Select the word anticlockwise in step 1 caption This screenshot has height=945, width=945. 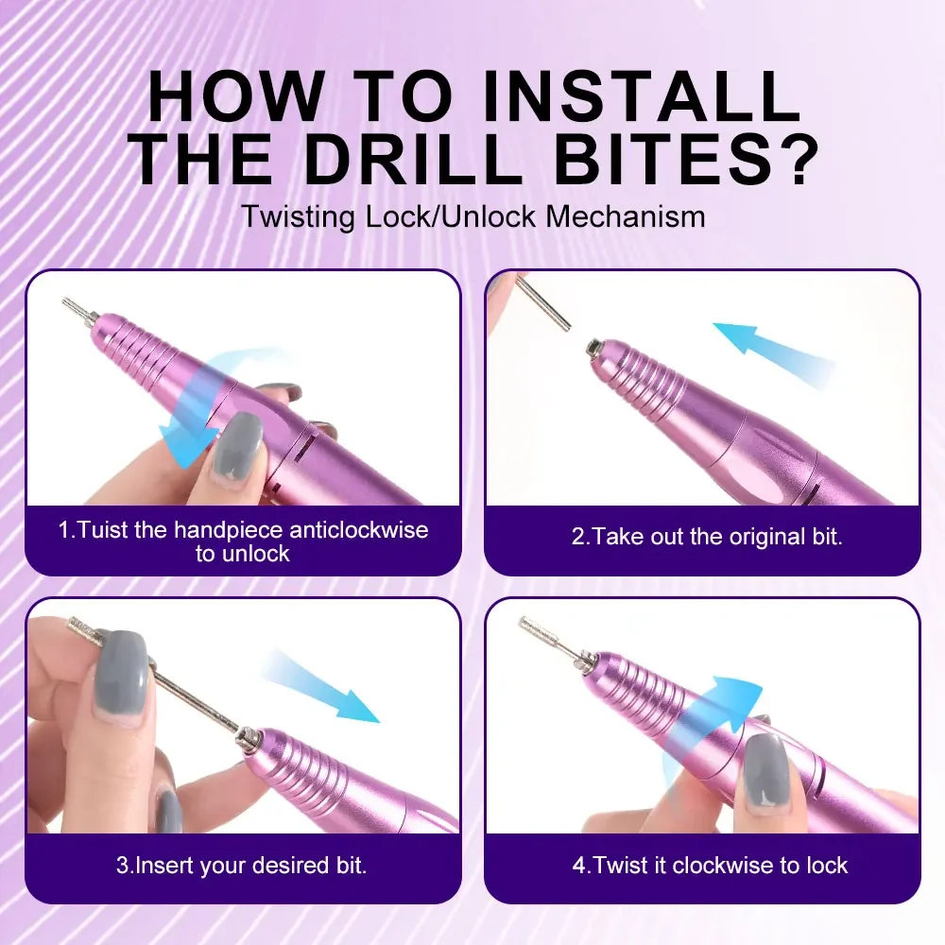point(358,529)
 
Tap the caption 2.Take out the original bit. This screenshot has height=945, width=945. point(706,537)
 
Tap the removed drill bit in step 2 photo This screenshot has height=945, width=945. point(544,302)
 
